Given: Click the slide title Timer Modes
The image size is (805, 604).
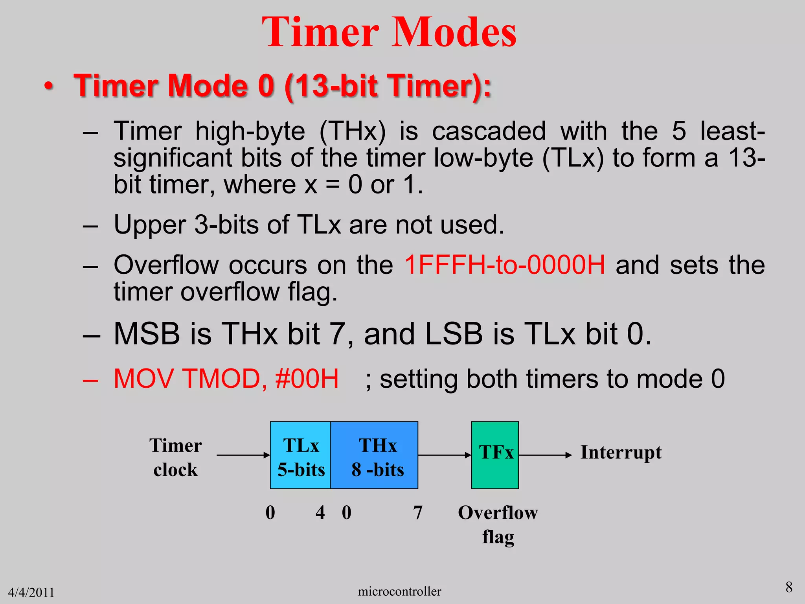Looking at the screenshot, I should pyautogui.click(x=389, y=32).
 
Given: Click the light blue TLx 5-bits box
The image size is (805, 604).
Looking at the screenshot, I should pyautogui.click(x=301, y=455).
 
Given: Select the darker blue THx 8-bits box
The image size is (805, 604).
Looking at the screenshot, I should pyautogui.click(x=375, y=455).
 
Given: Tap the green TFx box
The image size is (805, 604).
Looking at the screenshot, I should pyautogui.click(x=495, y=455).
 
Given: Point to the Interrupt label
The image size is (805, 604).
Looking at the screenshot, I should pyautogui.click(x=621, y=452).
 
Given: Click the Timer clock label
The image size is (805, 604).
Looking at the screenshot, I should pyautogui.click(x=175, y=457).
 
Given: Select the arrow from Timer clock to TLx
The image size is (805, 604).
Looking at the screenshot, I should pyautogui.click(x=243, y=455).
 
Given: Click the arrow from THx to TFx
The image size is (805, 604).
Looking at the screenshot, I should pyautogui.click(x=444, y=455).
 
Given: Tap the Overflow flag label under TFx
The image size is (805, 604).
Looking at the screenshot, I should pyautogui.click(x=498, y=525).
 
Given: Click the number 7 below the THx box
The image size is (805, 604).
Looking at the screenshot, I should pyautogui.click(x=418, y=513).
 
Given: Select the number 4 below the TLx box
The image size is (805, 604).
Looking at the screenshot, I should pyautogui.click(x=320, y=513).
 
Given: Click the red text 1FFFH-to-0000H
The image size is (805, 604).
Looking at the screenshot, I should pyautogui.click(x=505, y=265).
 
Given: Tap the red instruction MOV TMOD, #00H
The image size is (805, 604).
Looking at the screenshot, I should pyautogui.click(x=226, y=379).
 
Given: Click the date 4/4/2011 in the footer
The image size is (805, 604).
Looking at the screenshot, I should pyautogui.click(x=31, y=592).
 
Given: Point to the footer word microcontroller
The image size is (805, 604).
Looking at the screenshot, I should pyautogui.click(x=399, y=591).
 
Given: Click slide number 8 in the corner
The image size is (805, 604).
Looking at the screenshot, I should pyautogui.click(x=788, y=587).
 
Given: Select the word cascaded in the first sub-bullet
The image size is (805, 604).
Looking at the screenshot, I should pyautogui.click(x=489, y=131).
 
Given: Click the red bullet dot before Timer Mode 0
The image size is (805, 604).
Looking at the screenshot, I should pyautogui.click(x=48, y=86).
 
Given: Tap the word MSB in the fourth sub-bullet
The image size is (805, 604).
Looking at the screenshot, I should pyautogui.click(x=147, y=334).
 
